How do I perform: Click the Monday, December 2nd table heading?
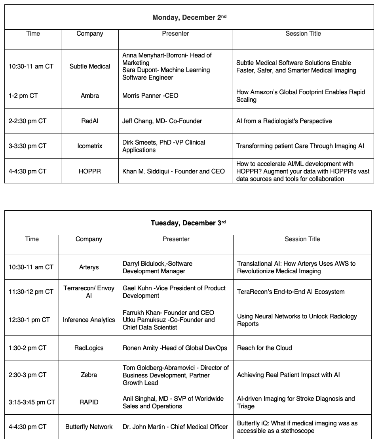coord(189,17)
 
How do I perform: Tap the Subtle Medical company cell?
coord(90,66)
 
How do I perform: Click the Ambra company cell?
coord(90,96)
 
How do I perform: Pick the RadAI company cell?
coord(90,121)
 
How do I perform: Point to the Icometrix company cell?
coord(90,146)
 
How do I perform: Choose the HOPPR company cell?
coord(90,171)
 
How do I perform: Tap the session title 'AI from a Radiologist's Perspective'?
coord(284,121)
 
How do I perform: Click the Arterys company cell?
coord(89,267)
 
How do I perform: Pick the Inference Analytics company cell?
coord(89,320)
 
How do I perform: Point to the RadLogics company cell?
coord(89,348)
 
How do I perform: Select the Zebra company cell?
coord(89,375)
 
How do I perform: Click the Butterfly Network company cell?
coord(89,427)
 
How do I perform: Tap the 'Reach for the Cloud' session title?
coord(264,348)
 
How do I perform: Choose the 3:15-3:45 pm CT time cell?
coord(32,402)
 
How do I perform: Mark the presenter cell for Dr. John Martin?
coord(175,427)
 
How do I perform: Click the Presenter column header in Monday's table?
coord(175,34)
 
